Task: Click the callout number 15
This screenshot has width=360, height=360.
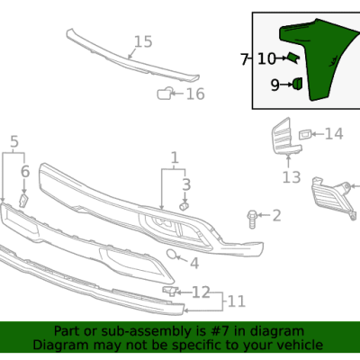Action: click(x=143, y=41)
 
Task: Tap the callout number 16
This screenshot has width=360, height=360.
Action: click(x=195, y=94)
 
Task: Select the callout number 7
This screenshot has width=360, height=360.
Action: click(x=244, y=59)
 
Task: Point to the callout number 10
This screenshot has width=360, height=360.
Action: click(x=266, y=59)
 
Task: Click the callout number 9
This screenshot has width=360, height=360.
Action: click(x=274, y=85)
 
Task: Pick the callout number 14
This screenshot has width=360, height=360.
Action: click(x=334, y=134)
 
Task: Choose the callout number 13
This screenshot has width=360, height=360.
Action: click(x=290, y=178)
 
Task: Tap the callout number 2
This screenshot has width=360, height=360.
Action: click(x=276, y=215)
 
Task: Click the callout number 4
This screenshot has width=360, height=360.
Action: click(x=193, y=264)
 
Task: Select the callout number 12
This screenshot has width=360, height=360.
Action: click(x=201, y=292)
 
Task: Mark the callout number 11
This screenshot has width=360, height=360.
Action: click(x=235, y=301)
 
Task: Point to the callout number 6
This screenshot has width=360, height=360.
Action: click(x=25, y=171)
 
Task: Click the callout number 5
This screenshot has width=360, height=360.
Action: click(x=13, y=141)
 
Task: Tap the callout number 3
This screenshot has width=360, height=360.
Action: click(x=186, y=184)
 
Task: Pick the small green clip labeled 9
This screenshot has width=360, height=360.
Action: click(x=295, y=85)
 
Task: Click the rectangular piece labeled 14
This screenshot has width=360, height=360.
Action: click(x=306, y=134)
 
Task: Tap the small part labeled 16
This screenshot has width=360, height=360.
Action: click(x=166, y=93)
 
